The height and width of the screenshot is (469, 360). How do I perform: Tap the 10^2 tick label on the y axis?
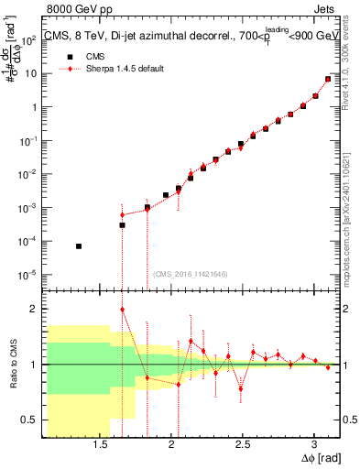point(30,39)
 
